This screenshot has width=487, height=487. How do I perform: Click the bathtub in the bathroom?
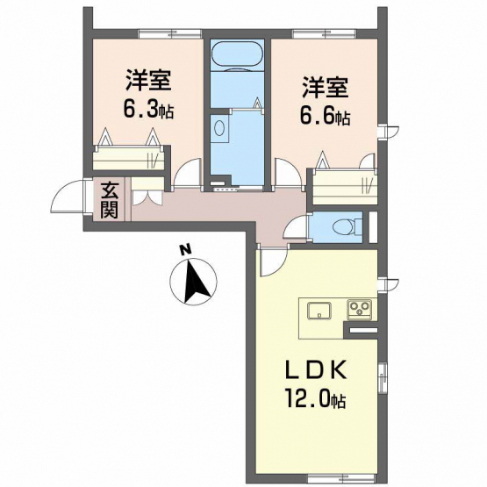(x=237, y=55)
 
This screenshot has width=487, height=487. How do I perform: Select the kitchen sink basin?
(x=319, y=311)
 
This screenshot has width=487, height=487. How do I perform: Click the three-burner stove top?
(x=359, y=309)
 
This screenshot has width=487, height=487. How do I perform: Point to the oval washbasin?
(x=219, y=127)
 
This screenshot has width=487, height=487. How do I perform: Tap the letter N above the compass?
(x=186, y=249)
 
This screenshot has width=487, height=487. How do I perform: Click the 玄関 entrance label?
(x=111, y=200)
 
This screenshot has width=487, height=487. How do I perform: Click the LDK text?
(x=316, y=370)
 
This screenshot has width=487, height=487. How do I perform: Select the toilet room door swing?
(x=296, y=228)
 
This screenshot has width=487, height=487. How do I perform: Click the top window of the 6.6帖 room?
(x=325, y=32)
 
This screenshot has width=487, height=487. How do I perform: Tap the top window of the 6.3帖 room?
(x=169, y=32)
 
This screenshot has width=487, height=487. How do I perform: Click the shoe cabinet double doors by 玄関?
(x=147, y=197)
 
